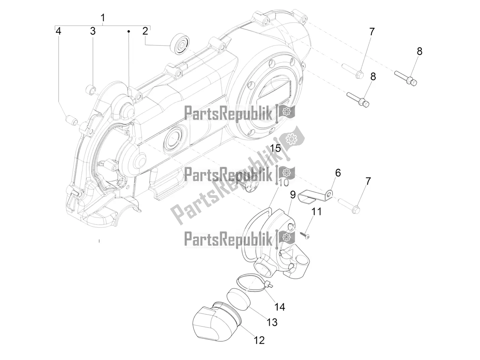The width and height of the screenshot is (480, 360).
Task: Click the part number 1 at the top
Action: click(x=103, y=18)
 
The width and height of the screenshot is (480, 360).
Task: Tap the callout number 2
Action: click(x=145, y=31)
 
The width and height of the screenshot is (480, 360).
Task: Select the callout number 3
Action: click(x=93, y=31)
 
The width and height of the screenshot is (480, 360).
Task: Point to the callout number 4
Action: click(x=59, y=31)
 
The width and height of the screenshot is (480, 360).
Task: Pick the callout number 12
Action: click(x=259, y=340)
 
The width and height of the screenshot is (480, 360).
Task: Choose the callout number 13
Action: click(x=272, y=322)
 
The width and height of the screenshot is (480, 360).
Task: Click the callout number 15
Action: click(x=275, y=149)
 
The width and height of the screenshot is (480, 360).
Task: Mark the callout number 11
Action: click(x=316, y=211)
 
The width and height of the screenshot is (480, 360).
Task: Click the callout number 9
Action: click(x=292, y=195)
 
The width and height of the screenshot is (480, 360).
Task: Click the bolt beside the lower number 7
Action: click(x=349, y=205)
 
